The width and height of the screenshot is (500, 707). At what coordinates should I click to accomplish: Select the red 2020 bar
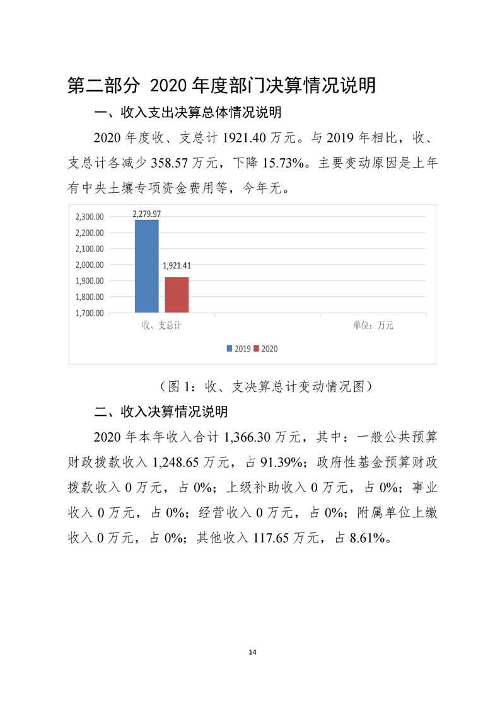(177, 295)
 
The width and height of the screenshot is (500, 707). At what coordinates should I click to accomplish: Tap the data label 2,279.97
(146, 214)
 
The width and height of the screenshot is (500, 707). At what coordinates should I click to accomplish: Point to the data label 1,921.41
(177, 266)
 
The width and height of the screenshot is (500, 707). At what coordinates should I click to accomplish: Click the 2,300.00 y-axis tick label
(90, 217)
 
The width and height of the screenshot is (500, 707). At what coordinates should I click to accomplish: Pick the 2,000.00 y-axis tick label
(90, 265)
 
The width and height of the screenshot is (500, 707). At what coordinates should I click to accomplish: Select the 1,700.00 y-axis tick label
(90, 313)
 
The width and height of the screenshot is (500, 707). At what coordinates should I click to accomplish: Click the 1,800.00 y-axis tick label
(90, 297)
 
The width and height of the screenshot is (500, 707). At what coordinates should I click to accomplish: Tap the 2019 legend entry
(239, 349)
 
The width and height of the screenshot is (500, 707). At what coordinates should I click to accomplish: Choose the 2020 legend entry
(265, 349)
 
